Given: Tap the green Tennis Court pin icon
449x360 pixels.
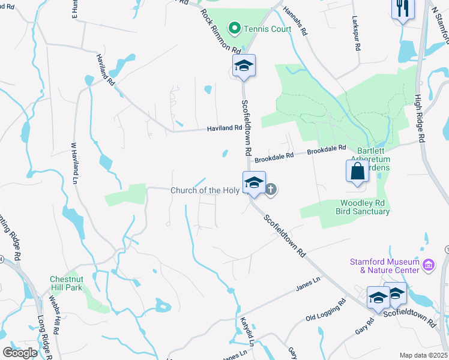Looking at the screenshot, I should click(x=235, y=28).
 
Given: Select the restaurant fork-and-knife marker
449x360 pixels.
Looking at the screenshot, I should click(x=401, y=10).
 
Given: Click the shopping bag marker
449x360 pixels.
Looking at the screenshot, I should click(x=357, y=170).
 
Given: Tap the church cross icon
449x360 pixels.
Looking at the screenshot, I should click(x=271, y=190).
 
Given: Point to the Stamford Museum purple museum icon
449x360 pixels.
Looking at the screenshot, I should click(x=428, y=264).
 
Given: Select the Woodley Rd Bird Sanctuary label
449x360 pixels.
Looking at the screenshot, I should click(x=365, y=207).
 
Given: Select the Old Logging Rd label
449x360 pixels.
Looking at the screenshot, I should click(x=326, y=314).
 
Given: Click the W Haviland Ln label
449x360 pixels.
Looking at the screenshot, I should click(x=75, y=163).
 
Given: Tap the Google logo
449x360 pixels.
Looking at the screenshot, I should click(x=20, y=353).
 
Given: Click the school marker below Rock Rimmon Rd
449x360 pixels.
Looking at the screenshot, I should click(x=244, y=65).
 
